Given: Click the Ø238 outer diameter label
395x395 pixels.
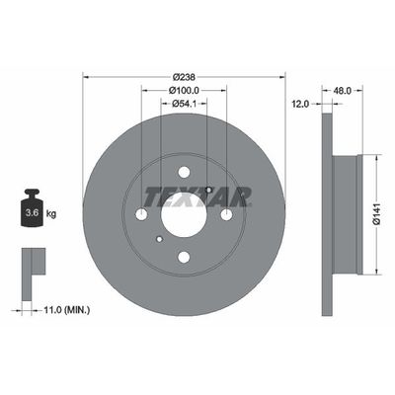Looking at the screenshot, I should [184, 76].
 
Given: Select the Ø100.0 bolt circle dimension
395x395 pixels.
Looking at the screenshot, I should [184, 90].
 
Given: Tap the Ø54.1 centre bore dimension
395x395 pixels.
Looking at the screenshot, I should [183, 103].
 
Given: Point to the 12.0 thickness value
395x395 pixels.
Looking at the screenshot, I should [302, 103].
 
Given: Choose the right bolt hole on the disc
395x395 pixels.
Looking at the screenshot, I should [225, 215].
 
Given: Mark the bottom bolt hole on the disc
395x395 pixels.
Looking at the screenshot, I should [184, 258].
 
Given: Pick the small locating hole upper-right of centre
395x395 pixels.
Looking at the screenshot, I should [207, 192].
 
